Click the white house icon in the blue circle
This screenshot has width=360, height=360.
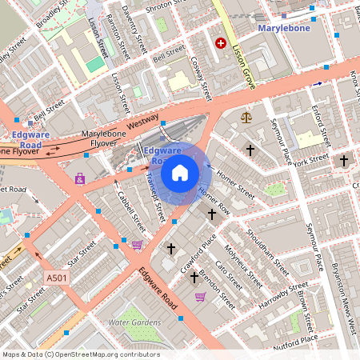coord(180,172)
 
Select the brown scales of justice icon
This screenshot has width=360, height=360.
coord(246,117)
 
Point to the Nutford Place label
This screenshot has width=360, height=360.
coord(295,339)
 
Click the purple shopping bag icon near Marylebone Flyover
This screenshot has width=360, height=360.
coord(79,178)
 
